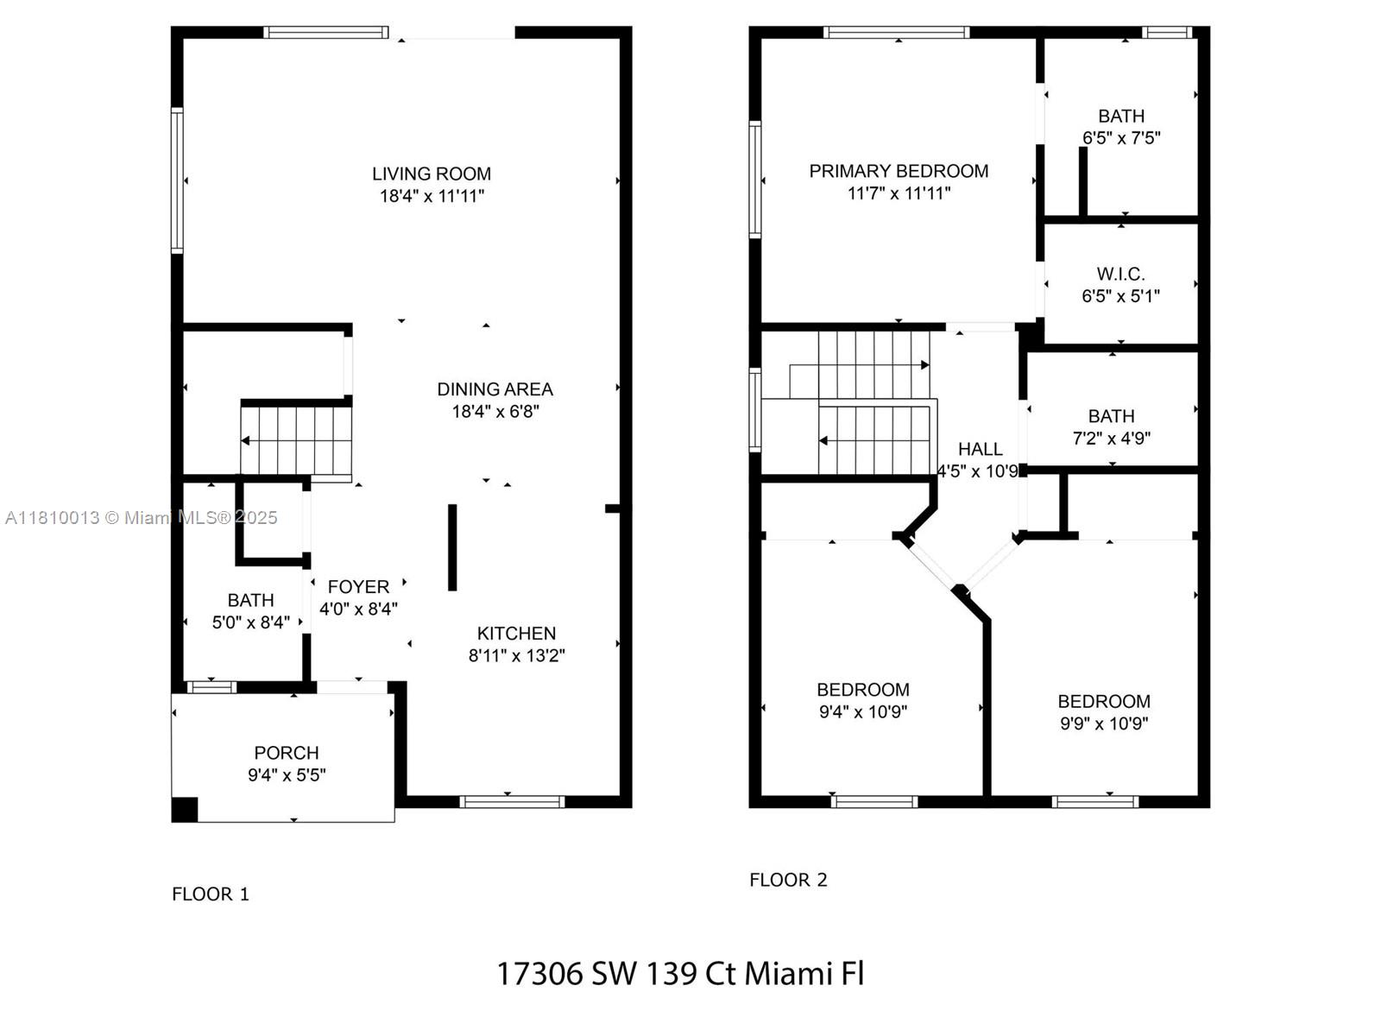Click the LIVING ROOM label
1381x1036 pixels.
[431, 174]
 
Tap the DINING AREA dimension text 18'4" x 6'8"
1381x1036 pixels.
[495, 412]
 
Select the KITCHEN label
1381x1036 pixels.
[516, 634]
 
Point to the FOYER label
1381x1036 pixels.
[358, 587]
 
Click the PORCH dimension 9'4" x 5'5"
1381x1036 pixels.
[287, 775]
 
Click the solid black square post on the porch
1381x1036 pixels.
[185, 810]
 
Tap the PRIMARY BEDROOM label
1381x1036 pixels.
[899, 171]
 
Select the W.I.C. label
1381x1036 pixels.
[1120, 275]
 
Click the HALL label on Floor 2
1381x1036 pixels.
[980, 449]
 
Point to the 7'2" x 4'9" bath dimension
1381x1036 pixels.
[1111, 438]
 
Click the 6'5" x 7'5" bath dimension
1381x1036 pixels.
[1120, 138]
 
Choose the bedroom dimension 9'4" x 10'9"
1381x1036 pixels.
[862, 711]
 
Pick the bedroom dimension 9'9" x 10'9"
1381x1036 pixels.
[1104, 723]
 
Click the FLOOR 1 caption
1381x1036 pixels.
[210, 894]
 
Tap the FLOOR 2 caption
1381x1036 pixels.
[788, 880]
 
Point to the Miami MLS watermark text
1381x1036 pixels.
[141, 518]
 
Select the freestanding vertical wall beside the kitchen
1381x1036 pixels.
[451, 547]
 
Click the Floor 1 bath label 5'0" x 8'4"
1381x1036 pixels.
[250, 622]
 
